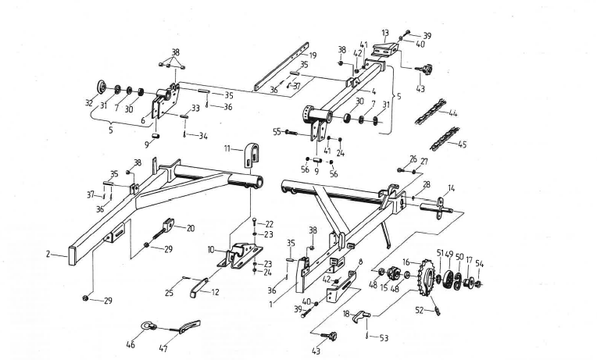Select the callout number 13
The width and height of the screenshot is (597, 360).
point(384,33)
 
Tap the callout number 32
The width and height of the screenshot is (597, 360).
point(89,103)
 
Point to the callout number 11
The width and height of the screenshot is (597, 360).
point(227,147)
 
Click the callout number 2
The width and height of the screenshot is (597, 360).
point(48,254)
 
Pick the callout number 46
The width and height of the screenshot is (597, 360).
point(130,343)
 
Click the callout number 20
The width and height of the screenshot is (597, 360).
point(190,228)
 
